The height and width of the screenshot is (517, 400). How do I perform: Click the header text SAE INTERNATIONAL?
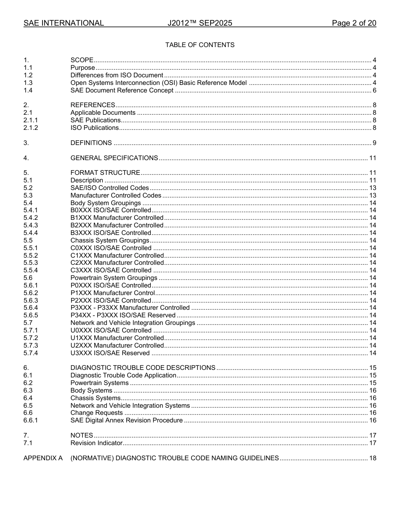click(x=64, y=23)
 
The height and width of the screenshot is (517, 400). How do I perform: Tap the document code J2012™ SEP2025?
click(x=200, y=23)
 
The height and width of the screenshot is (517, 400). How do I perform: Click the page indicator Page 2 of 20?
click(x=354, y=23)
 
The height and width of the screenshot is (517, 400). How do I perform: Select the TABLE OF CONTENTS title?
click(x=200, y=45)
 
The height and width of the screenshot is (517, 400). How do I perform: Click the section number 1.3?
click(x=28, y=83)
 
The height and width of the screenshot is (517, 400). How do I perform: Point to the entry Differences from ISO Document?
click(x=117, y=75)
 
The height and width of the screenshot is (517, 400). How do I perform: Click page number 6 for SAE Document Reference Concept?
click(x=374, y=90)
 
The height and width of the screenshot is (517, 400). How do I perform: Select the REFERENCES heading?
click(x=93, y=105)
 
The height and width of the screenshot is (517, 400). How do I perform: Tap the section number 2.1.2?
click(x=31, y=128)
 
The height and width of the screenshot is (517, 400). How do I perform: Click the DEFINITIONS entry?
click(x=91, y=143)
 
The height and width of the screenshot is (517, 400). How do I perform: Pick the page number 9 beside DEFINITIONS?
click(x=374, y=143)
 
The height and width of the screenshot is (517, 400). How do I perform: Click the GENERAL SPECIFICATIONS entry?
click(x=114, y=158)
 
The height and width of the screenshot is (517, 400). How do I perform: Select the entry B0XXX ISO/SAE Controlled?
click(x=111, y=210)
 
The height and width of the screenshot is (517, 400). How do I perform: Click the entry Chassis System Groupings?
click(x=110, y=240)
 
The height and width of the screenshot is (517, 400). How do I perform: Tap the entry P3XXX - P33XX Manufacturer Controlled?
click(x=130, y=308)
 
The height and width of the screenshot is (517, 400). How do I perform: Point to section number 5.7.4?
click(x=31, y=353)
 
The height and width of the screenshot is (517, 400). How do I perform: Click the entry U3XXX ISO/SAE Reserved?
click(x=110, y=353)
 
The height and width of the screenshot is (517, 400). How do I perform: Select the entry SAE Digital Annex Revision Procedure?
click(x=126, y=420)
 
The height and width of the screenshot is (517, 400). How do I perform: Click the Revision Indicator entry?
click(x=96, y=443)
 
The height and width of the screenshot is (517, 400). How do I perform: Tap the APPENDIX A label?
click(x=43, y=458)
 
